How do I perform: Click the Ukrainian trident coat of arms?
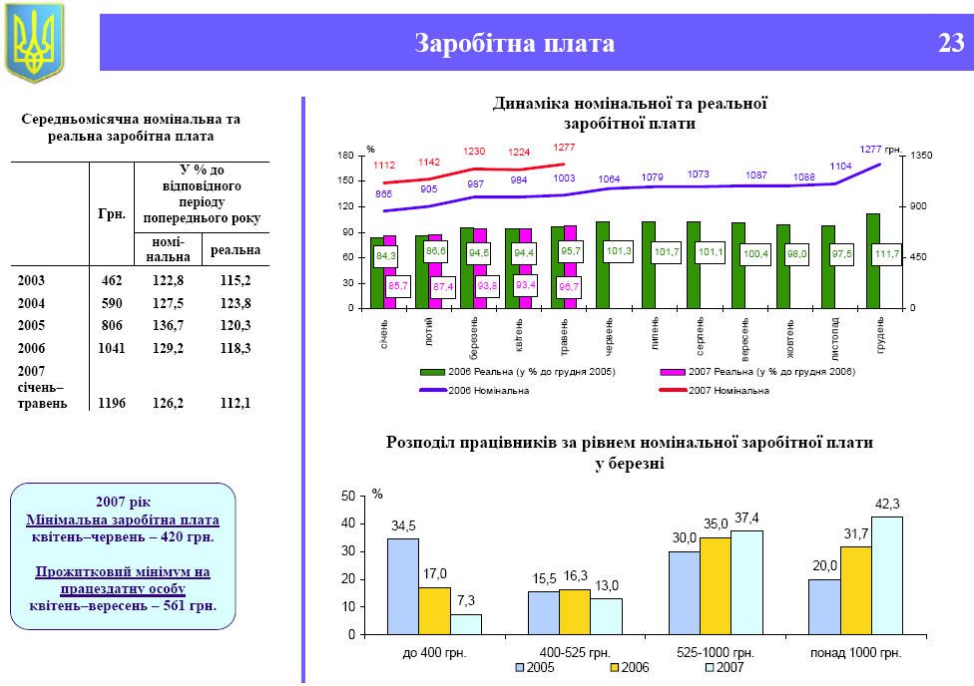tap(34, 41)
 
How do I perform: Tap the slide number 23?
tap(950, 43)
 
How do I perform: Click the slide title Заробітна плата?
tap(514, 44)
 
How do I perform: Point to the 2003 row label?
tap(31, 280)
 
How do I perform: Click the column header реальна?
tap(236, 249)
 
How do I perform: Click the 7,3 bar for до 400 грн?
tap(465, 624)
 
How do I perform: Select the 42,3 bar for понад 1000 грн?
tap(887, 575)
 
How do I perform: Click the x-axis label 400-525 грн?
tap(574, 652)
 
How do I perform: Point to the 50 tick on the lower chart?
tap(347, 496)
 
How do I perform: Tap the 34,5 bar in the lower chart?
tap(402, 586)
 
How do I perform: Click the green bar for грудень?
tap(873, 261)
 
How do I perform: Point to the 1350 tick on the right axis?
tap(919, 156)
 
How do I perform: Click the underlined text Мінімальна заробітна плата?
tap(123, 519)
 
